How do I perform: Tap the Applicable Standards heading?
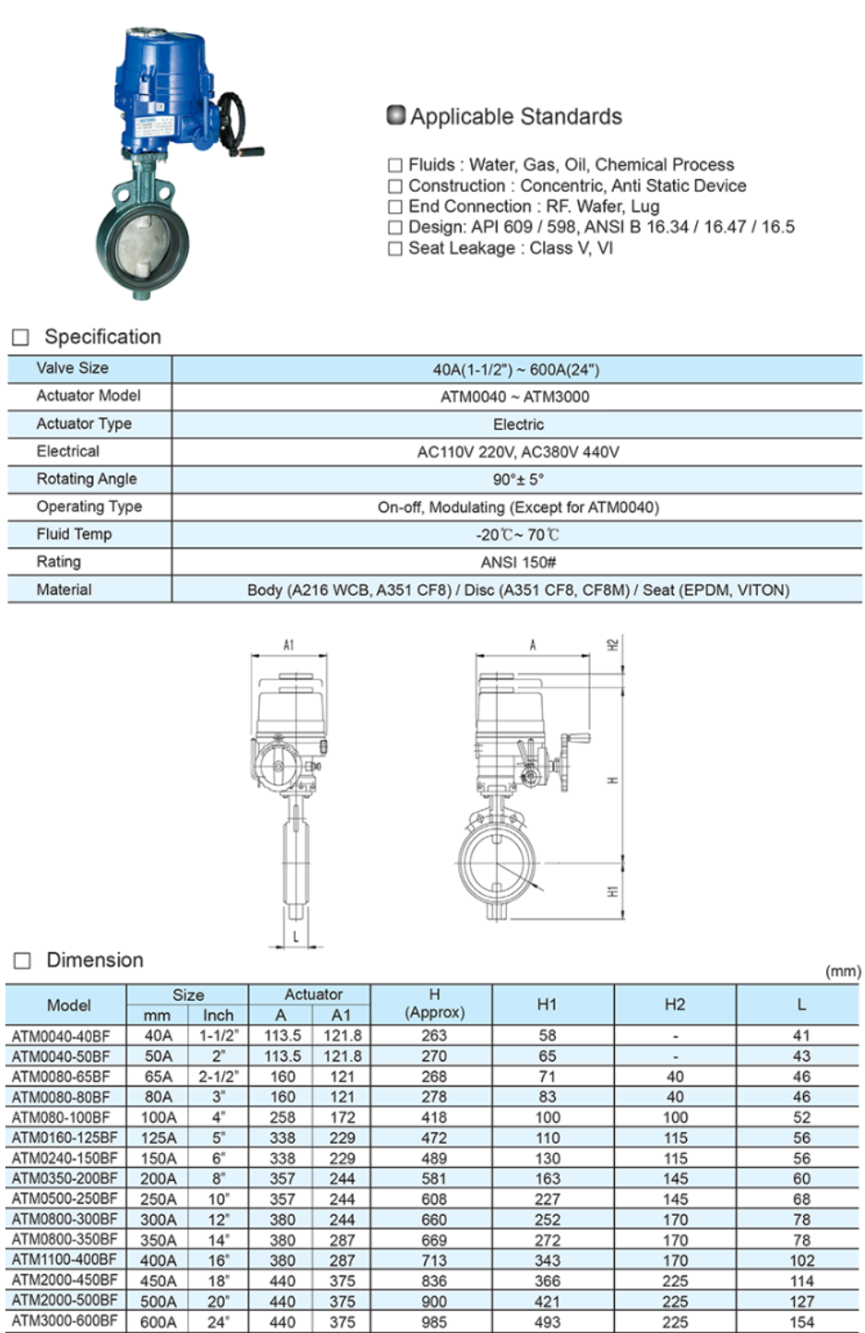[515, 116]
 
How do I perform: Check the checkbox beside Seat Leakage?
[395, 248]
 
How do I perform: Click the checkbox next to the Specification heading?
[20, 338]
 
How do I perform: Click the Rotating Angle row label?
[87, 479]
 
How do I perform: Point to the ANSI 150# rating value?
[518, 562]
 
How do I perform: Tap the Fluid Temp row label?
[74, 534]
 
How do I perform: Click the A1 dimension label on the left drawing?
[289, 645]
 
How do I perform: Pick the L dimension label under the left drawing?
[295, 936]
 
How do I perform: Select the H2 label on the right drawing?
[612, 644]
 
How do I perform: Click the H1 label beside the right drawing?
[612, 892]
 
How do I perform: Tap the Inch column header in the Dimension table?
[218, 1015]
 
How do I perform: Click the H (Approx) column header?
[434, 1003]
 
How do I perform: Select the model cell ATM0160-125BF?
[65, 1137]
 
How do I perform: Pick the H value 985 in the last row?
[434, 1321]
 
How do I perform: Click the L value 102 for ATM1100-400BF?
[801, 1260]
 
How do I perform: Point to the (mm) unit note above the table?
[842, 971]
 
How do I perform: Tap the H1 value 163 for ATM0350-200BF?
[547, 1179]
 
